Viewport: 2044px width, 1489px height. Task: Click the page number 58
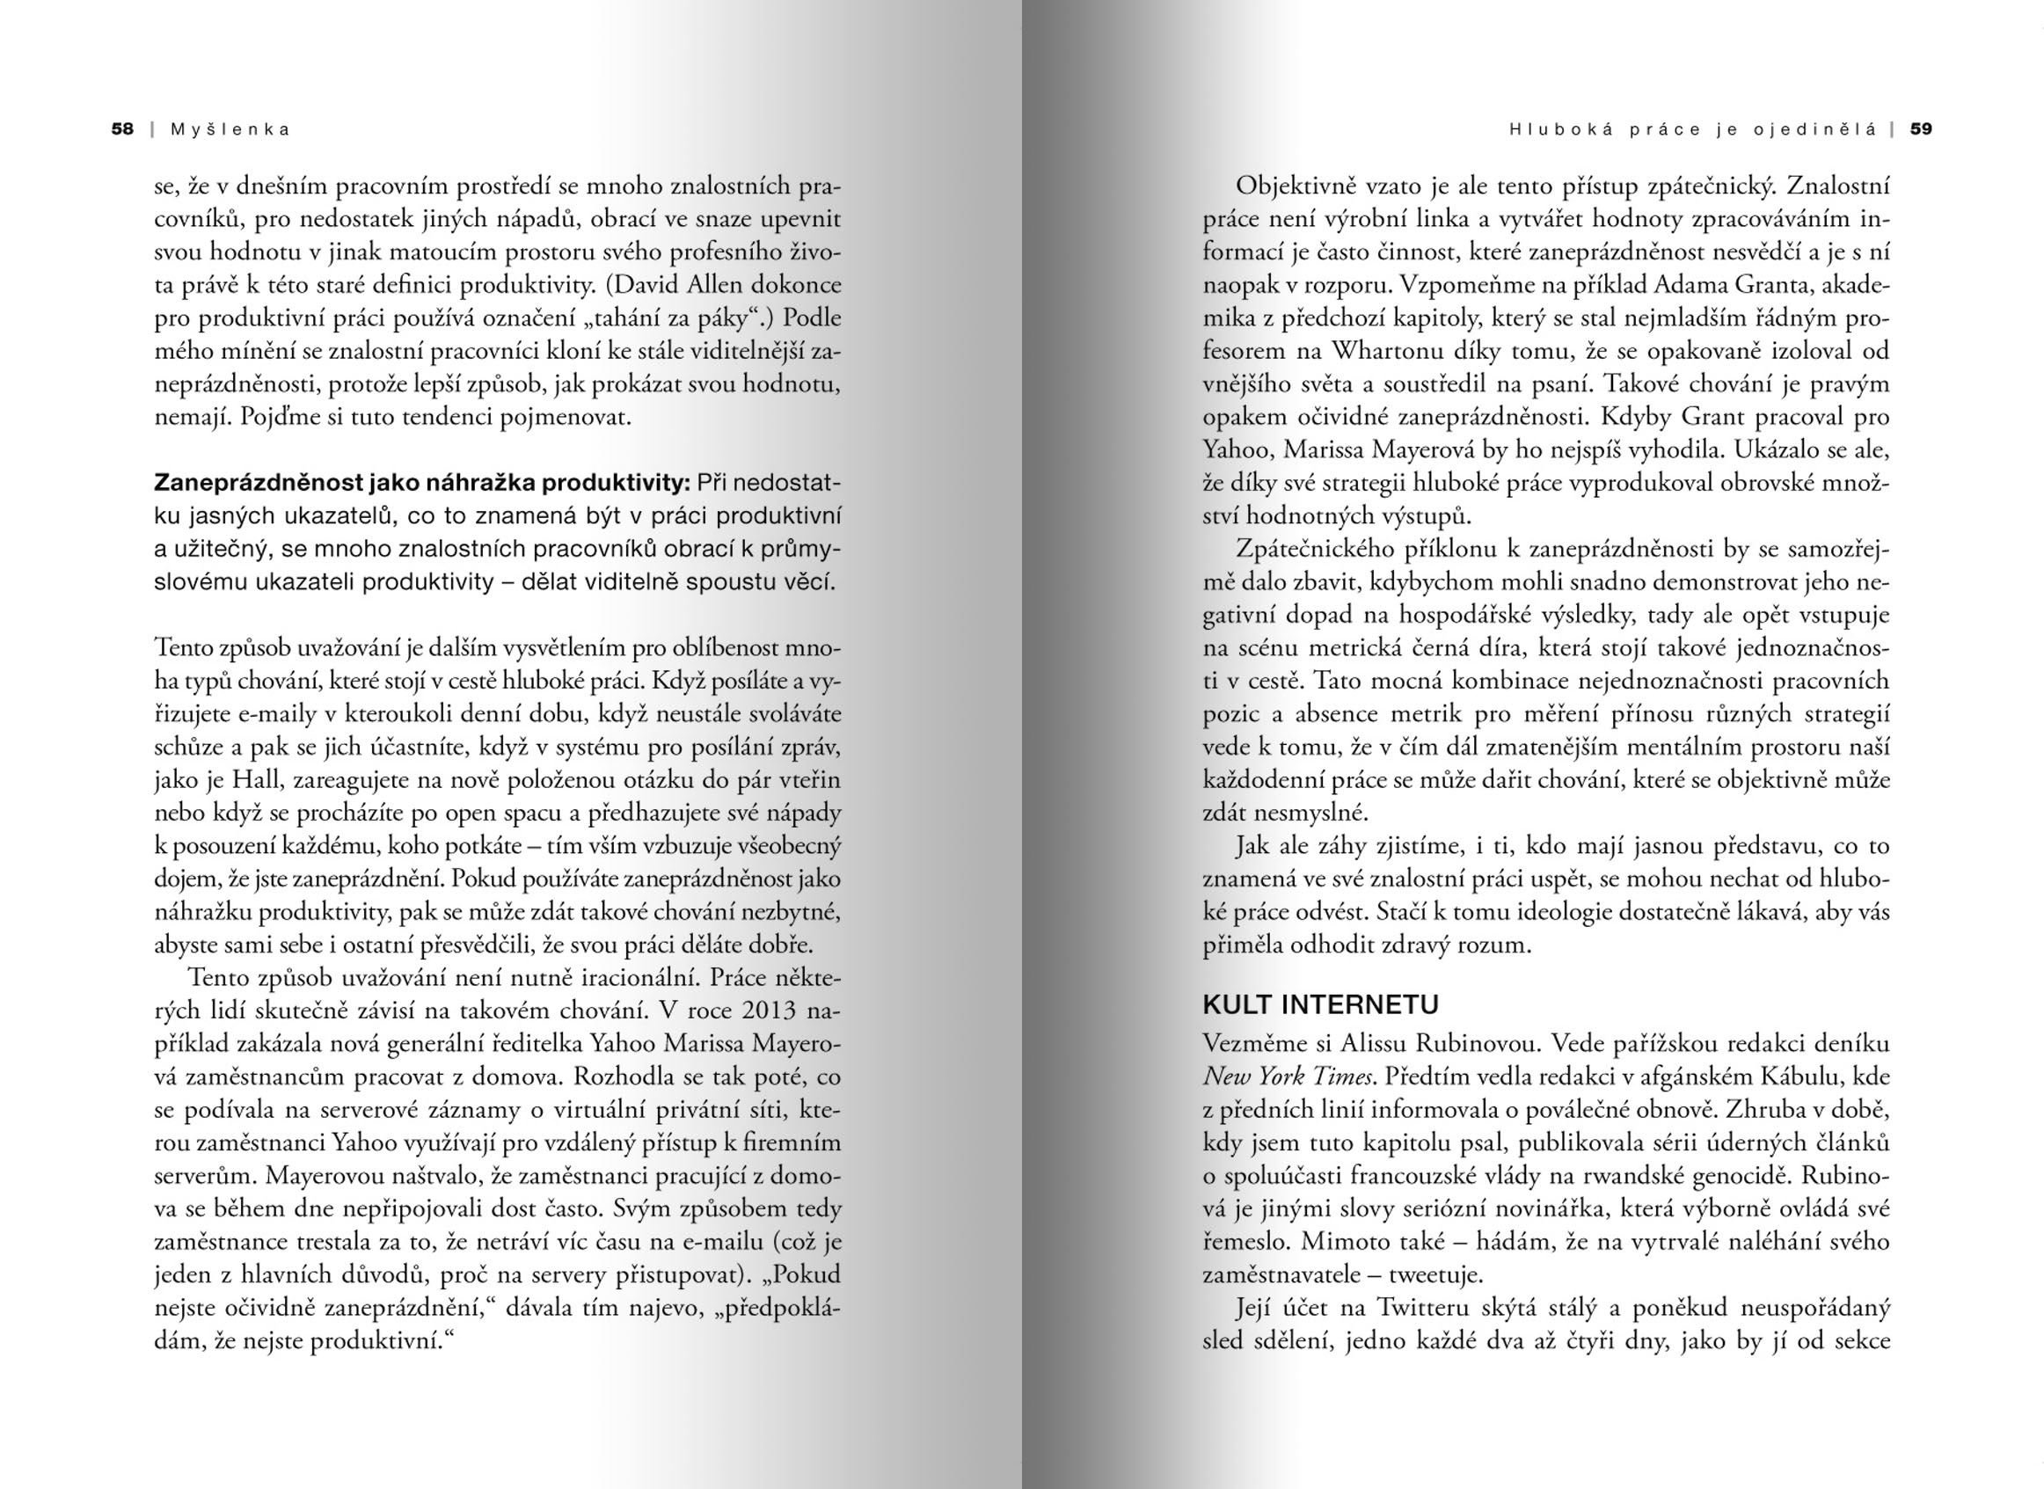click(x=122, y=129)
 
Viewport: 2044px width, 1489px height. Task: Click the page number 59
click(x=1922, y=129)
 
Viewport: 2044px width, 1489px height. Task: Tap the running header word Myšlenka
click(x=230, y=129)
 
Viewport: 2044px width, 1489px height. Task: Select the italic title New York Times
click(x=1288, y=1077)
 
